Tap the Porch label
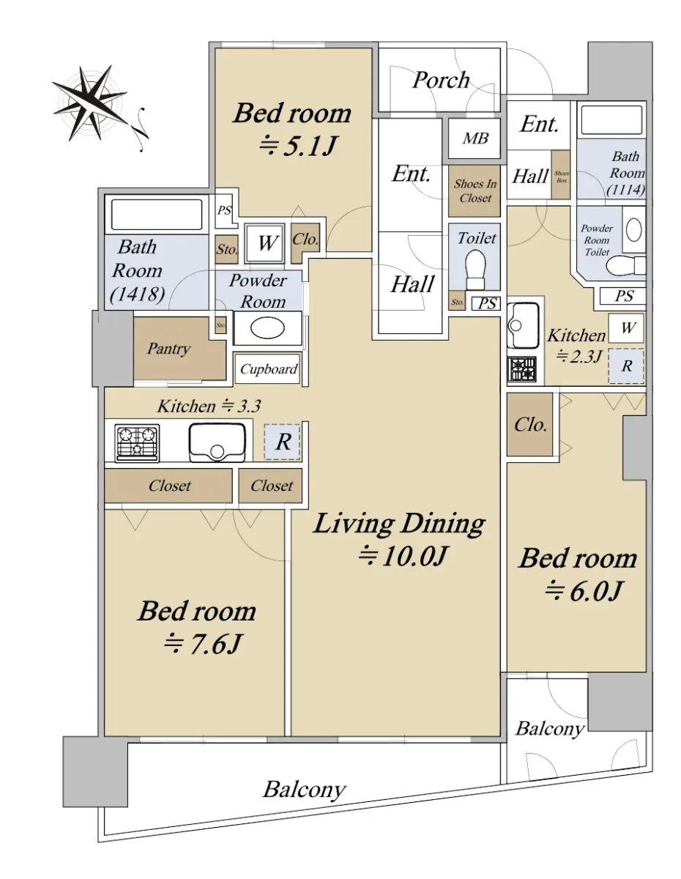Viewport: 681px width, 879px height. [440, 80]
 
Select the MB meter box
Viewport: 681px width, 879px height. [475, 138]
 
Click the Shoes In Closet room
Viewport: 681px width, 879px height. [475, 191]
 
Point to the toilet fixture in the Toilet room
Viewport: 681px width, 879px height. [475, 269]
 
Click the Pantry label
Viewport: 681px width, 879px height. [168, 348]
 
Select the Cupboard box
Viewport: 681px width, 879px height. [268, 368]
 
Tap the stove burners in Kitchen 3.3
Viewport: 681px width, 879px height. [137, 442]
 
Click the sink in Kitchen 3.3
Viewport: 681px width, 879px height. [217, 442]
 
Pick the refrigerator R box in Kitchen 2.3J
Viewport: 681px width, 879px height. [626, 366]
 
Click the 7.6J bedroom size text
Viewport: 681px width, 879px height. [203, 645]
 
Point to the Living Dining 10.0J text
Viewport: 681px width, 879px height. [400, 539]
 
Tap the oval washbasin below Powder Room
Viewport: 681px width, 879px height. [267, 328]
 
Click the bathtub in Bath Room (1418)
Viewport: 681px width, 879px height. [157, 215]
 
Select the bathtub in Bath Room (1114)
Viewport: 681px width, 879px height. [611, 120]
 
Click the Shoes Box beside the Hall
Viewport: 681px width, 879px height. [561, 175]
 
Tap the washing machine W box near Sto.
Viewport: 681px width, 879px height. [265, 243]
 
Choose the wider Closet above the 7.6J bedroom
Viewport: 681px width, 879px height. [168, 486]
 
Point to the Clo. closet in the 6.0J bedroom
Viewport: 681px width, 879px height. [529, 424]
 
